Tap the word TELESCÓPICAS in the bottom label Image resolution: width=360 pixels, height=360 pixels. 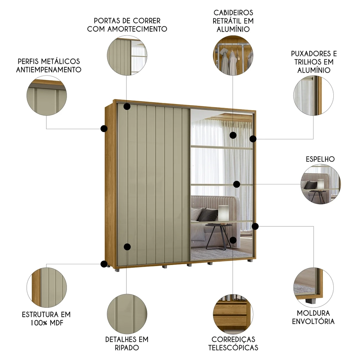(233, 348)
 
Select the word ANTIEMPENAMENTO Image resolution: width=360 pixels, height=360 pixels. (49, 69)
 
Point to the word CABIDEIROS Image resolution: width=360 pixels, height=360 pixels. (233, 13)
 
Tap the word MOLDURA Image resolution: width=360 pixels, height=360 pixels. (313, 313)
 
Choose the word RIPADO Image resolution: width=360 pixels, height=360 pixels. (127, 348)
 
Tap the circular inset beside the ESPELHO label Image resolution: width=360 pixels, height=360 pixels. (320, 184)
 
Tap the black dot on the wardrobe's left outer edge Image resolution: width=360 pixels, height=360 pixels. (104, 128)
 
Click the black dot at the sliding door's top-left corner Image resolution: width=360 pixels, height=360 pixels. (127, 107)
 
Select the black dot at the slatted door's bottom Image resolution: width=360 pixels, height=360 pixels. (127, 247)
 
